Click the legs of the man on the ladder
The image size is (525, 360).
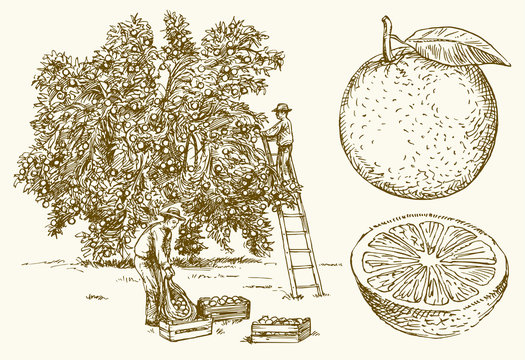[x=286, y=162]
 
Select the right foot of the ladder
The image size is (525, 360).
[x=320, y=292]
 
